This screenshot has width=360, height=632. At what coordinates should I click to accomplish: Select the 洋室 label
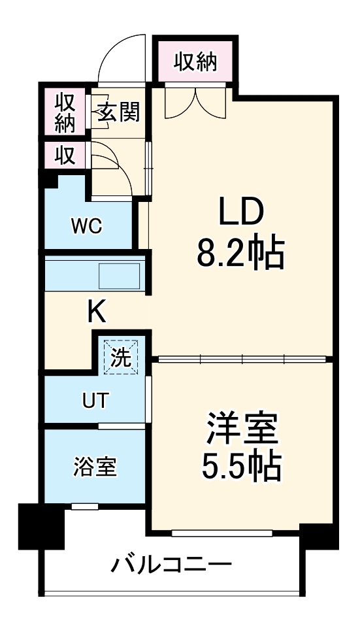click(242, 429)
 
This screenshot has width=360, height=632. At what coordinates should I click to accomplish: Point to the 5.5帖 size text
click(242, 465)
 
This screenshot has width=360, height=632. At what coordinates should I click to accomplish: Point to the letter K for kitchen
click(97, 312)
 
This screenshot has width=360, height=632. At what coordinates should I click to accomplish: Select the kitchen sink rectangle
click(120, 276)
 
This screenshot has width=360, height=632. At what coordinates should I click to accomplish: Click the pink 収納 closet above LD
click(195, 62)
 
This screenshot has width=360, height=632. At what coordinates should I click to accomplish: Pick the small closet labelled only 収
click(63, 155)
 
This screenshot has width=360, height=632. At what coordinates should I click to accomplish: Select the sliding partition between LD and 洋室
click(242, 359)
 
